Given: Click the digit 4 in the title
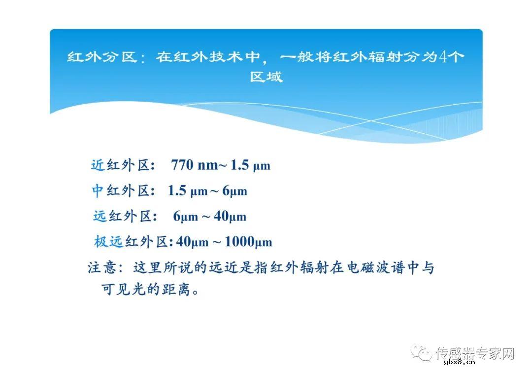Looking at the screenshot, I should [x=443, y=57].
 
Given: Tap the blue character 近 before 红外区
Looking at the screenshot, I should [x=98, y=165].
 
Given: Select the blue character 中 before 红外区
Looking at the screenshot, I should [x=98, y=191].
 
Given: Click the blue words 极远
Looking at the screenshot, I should [x=108, y=242].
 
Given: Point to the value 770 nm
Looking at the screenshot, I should [x=195, y=165].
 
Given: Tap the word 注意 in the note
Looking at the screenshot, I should [x=102, y=268].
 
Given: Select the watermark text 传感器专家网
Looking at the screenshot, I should [x=475, y=353].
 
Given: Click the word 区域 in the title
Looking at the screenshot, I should [x=266, y=77].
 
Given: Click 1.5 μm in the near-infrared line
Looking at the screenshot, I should [x=251, y=165].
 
